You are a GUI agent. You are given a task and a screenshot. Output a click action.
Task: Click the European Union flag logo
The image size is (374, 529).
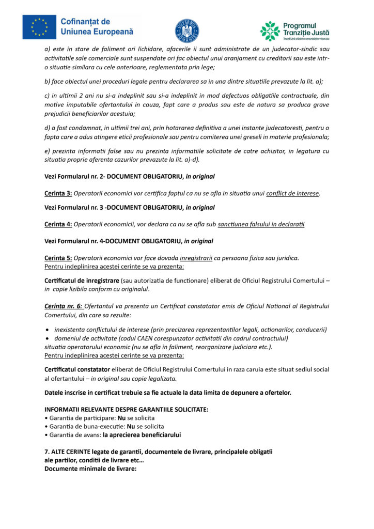[39, 27]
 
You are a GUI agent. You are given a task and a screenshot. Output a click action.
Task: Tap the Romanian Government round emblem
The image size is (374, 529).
[187, 30]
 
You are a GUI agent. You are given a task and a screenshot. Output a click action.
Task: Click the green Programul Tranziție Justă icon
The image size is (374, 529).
[270, 31]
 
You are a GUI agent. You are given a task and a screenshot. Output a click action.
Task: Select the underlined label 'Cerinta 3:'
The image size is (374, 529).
[58, 194]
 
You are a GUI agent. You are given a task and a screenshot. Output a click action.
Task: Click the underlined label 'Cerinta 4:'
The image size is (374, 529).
[58, 224]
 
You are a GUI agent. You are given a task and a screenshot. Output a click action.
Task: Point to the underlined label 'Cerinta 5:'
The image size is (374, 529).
[58, 258]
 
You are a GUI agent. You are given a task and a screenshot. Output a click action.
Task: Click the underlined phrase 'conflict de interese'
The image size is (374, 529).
[293, 194]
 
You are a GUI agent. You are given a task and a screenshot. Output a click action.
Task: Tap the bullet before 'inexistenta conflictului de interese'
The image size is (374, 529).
[48, 330]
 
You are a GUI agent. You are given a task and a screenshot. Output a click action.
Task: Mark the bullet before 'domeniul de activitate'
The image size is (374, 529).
[48, 338]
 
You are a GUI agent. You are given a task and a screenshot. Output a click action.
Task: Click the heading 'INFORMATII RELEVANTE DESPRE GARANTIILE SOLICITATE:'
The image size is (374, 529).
[127, 409]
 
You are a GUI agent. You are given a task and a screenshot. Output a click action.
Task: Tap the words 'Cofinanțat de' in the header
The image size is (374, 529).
[85, 22]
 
